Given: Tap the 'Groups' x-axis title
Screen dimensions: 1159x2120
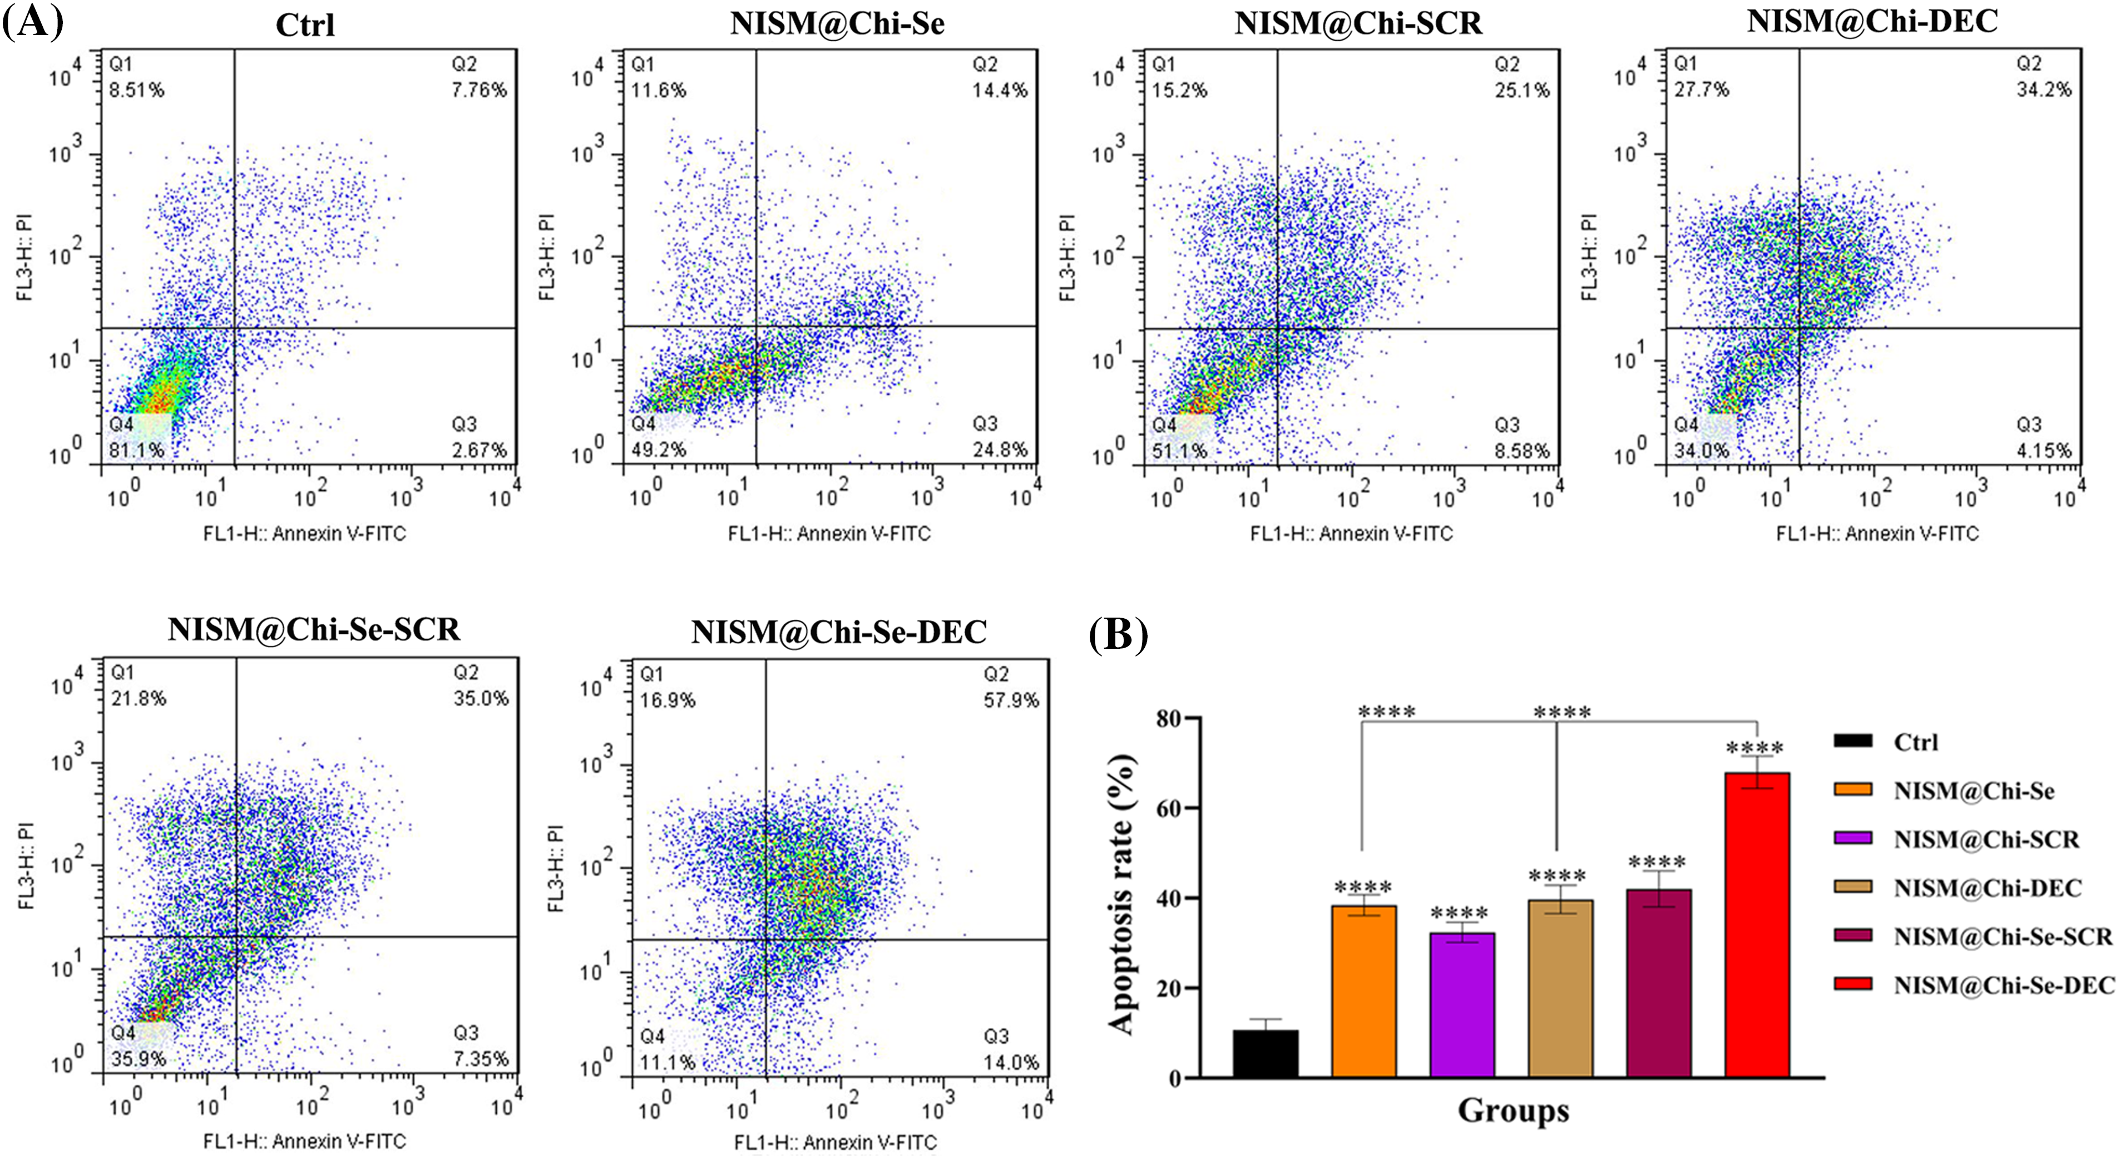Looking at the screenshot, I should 1513,1111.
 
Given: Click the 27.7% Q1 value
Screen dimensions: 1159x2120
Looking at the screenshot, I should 1701,89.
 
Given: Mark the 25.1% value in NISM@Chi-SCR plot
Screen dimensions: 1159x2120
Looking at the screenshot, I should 1521,90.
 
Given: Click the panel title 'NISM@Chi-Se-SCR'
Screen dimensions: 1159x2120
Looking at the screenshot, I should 314,630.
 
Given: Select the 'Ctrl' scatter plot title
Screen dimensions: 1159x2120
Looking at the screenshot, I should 305,24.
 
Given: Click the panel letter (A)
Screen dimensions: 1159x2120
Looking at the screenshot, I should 33,21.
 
